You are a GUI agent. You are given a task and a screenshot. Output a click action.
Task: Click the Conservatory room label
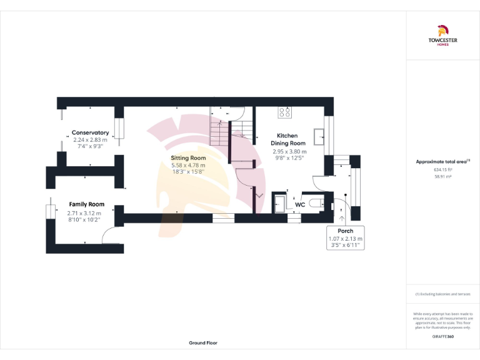pyautogui.click(x=90, y=132)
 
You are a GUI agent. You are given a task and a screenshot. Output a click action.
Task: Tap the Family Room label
pyautogui.click(x=86, y=204)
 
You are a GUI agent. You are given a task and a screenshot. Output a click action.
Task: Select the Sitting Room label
pyautogui.click(x=188, y=158)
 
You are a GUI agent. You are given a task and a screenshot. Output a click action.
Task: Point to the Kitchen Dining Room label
pyautogui.click(x=287, y=139)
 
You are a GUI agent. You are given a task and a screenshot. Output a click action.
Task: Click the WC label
pyautogui.click(x=299, y=204)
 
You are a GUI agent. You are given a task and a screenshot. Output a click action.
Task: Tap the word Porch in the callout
pyautogui.click(x=345, y=231)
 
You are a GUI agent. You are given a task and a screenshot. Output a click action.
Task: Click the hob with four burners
pyautogui.click(x=285, y=112)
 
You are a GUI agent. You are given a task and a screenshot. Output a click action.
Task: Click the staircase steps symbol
pyautogui.click(x=219, y=132)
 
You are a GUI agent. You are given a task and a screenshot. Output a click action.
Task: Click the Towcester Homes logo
pyautogui.click(x=443, y=36)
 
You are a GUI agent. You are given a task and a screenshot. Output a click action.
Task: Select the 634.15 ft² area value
pyautogui.click(x=442, y=169)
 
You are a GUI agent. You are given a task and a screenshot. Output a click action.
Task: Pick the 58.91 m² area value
pyautogui.click(x=442, y=177)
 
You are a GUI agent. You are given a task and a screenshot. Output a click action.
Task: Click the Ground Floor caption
pyautogui.click(x=203, y=343)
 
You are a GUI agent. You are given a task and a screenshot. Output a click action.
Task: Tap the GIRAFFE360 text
pyautogui.click(x=442, y=337)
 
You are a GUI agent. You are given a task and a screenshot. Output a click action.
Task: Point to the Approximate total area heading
pyautogui.click(x=442, y=161)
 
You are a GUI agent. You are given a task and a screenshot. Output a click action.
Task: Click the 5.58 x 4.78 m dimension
pyautogui.click(x=188, y=166)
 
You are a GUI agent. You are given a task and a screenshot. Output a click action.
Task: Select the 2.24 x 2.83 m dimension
pyautogui.click(x=90, y=140)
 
